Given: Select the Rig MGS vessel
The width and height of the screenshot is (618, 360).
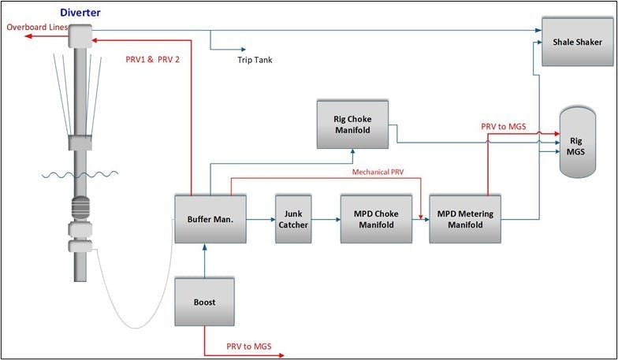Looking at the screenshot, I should point(575,142).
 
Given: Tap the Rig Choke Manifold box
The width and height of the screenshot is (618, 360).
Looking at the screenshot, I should point(352,124).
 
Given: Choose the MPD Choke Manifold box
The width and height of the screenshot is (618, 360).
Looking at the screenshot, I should point(377,219).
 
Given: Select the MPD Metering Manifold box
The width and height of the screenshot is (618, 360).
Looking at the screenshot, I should point(465,219).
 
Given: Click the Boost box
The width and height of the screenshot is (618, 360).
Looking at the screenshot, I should point(204,301).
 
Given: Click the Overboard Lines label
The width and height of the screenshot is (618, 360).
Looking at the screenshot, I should point(35,28).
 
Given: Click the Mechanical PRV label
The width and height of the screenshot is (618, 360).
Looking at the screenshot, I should point(378,171).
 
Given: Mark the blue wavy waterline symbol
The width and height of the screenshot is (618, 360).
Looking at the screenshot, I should point(79,173).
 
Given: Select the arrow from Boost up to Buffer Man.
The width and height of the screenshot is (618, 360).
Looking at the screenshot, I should point(204,260).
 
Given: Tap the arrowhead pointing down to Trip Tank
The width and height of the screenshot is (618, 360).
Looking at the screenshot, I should point(211,46).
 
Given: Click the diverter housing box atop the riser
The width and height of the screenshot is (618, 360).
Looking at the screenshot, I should point(80,35).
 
